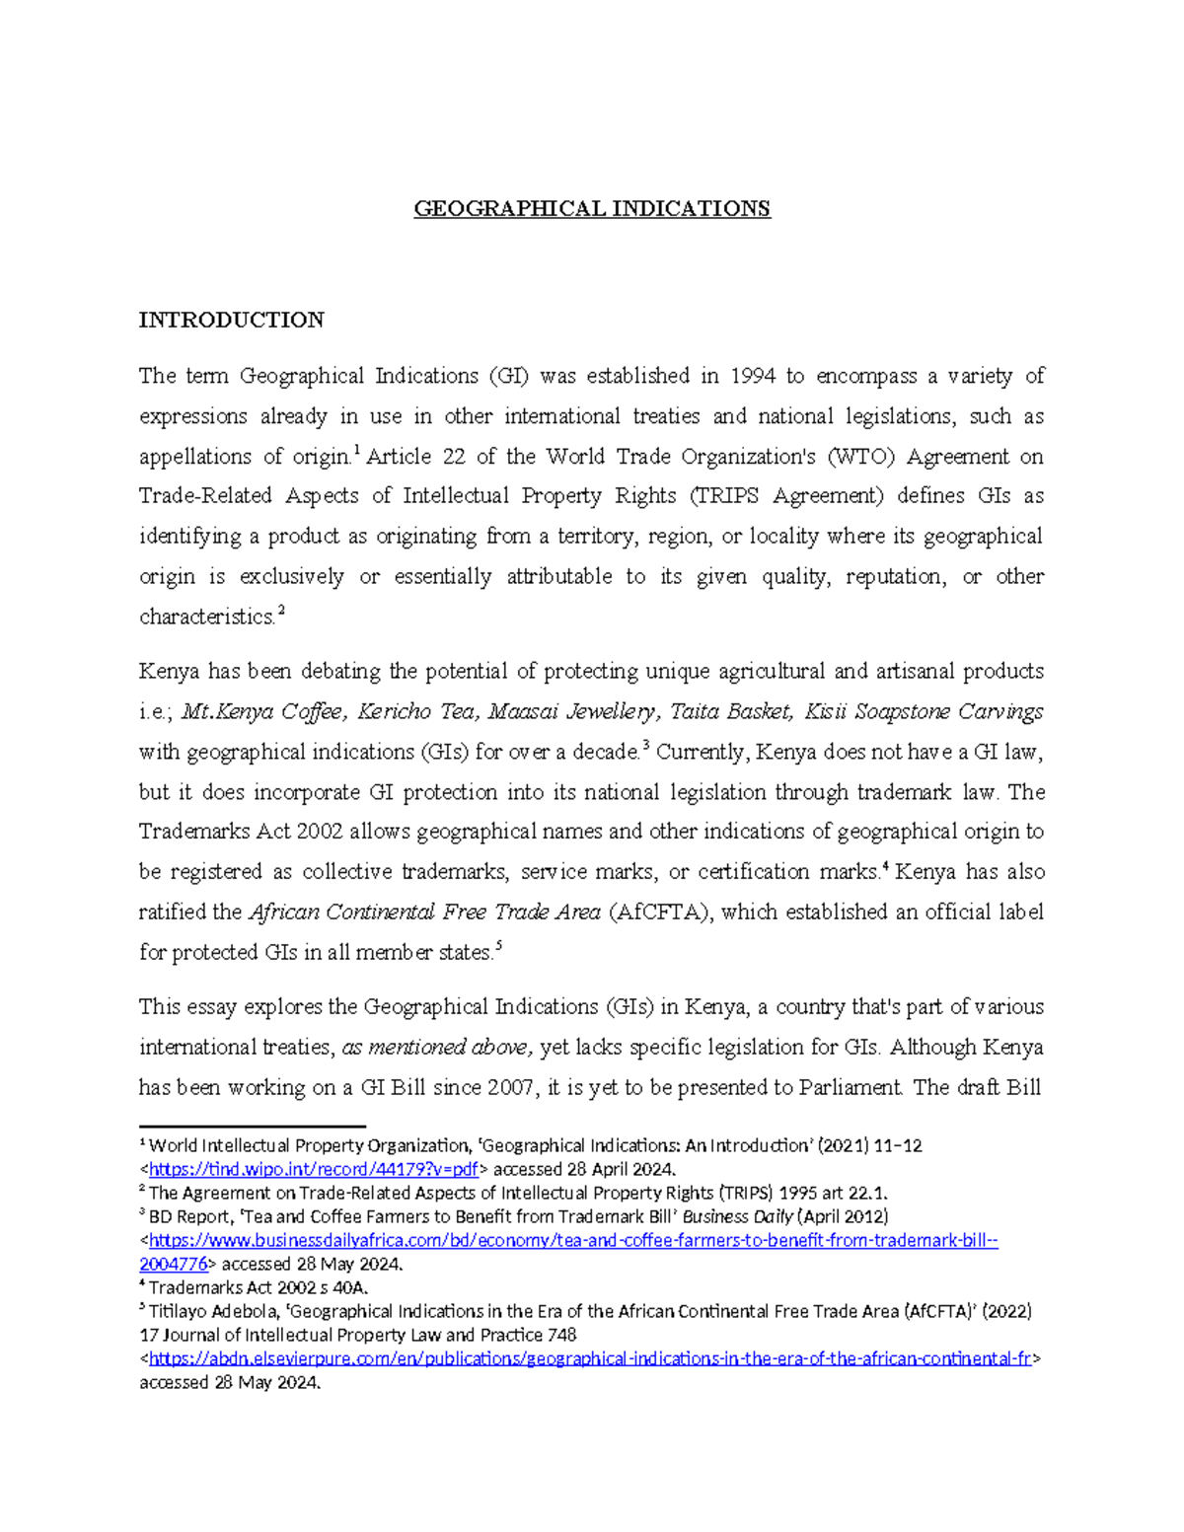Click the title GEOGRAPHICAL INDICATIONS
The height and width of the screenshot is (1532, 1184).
(591, 209)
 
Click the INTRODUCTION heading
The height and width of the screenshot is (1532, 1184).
(231, 320)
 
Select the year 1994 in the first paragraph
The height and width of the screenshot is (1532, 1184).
(752, 376)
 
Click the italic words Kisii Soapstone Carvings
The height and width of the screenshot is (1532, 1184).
(924, 711)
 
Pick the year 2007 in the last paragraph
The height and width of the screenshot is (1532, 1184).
(511, 1087)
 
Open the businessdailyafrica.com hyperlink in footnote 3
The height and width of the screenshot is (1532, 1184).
(572, 1240)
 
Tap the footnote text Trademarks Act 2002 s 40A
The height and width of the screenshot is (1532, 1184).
(259, 1287)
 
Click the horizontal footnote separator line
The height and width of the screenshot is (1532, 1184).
(253, 1126)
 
